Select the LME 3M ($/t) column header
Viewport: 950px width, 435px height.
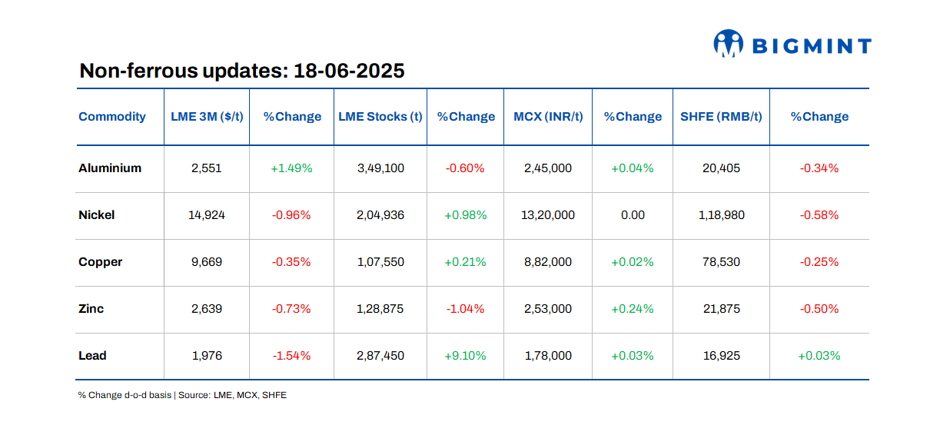click(x=207, y=117)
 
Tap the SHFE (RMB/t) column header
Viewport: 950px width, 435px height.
click(x=721, y=117)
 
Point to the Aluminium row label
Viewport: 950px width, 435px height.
click(x=110, y=168)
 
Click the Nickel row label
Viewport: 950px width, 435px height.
click(x=97, y=215)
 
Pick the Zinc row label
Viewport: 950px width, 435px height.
click(x=91, y=309)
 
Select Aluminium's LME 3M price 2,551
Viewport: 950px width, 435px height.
click(x=207, y=168)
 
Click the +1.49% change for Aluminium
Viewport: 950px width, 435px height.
click(x=291, y=168)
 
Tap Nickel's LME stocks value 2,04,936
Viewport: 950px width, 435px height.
click(x=380, y=215)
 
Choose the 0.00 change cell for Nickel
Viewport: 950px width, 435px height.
click(x=633, y=215)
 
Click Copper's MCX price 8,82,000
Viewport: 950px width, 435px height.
click(x=547, y=262)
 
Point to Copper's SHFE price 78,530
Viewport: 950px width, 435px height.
click(x=721, y=262)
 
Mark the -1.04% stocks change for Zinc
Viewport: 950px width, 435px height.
click(x=465, y=309)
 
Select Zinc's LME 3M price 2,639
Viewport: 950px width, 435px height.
click(x=207, y=309)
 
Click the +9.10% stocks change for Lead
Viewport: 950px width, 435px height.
click(x=465, y=356)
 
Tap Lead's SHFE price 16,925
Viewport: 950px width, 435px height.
click(x=721, y=356)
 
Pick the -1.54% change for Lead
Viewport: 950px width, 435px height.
click(x=291, y=356)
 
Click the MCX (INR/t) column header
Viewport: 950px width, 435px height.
click(x=548, y=117)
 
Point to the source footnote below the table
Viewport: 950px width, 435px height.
click(x=182, y=395)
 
